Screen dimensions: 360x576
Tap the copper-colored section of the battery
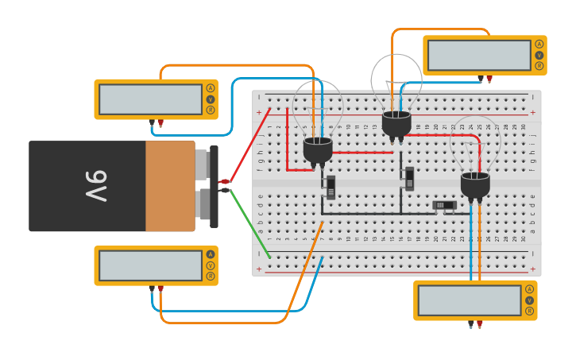pyautogui.click(x=169, y=186)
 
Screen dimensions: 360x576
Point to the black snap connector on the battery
pyautogui.click(x=214, y=186)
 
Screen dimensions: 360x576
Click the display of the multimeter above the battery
pyautogui.click(x=150, y=99)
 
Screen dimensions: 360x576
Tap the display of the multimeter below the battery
pyautogui.click(x=150, y=265)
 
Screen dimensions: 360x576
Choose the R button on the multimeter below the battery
pyautogui.click(x=211, y=277)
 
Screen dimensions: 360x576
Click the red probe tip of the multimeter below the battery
pyautogui.click(x=160, y=289)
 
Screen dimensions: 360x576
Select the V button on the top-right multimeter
pyautogui.click(x=539, y=55)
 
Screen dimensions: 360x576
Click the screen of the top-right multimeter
pyautogui.click(x=478, y=56)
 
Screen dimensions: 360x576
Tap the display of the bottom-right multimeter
pyautogui.click(x=469, y=300)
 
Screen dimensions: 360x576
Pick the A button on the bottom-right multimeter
pyautogui.click(x=530, y=289)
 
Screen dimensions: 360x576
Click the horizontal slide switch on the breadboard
pyautogui.click(x=445, y=205)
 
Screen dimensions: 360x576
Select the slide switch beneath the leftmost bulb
pyautogui.click(x=331, y=187)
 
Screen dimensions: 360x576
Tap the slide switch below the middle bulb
pyautogui.click(x=409, y=178)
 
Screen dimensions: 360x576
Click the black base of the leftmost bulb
pyautogui.click(x=318, y=149)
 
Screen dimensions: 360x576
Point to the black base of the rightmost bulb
pyautogui.click(x=475, y=184)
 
